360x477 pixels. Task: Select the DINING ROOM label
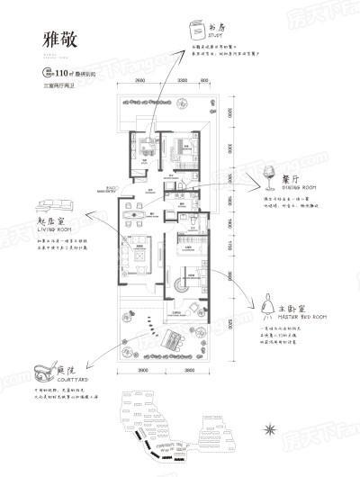(x=299, y=189)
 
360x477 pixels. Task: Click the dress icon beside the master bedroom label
(x=267, y=310)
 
